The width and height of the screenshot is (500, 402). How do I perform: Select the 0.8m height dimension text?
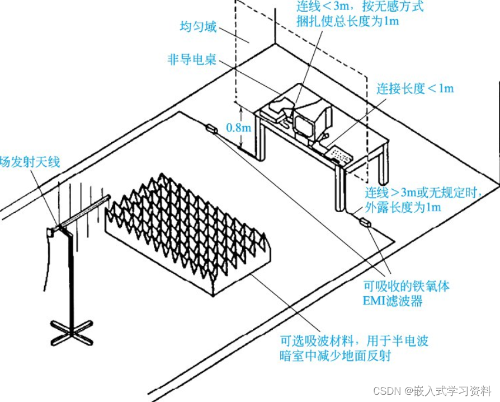[239, 127]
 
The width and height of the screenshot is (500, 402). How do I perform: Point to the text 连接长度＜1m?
[414, 88]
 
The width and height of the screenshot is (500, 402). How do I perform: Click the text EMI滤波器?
[393, 301]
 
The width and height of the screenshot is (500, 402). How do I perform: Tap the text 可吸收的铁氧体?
[407, 286]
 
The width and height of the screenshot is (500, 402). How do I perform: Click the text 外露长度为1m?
[403, 207]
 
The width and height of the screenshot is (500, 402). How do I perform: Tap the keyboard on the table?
[341, 153]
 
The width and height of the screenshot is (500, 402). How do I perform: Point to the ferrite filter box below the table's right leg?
[365, 223]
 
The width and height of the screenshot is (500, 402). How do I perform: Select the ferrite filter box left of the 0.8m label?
[211, 129]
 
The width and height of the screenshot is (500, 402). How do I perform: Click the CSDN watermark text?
[432, 390]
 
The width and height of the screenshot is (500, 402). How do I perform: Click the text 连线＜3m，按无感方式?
[360, 7]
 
